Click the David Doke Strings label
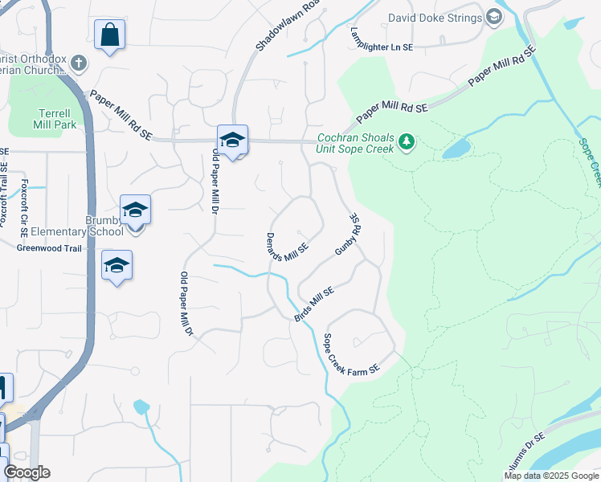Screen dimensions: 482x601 tap(435, 18)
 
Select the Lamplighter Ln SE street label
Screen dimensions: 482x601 tap(382, 37)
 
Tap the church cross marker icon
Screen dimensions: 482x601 tap(78, 62)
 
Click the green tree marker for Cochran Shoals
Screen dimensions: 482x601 tap(407, 143)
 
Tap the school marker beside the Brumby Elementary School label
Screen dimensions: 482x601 tap(135, 210)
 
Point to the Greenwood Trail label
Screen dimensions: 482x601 tap(50, 248)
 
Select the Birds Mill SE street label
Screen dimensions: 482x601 tap(313, 304)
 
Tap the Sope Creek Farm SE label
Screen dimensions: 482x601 tap(350, 353)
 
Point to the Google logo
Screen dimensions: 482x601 tap(27, 472)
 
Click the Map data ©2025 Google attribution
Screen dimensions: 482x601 tap(550, 476)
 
